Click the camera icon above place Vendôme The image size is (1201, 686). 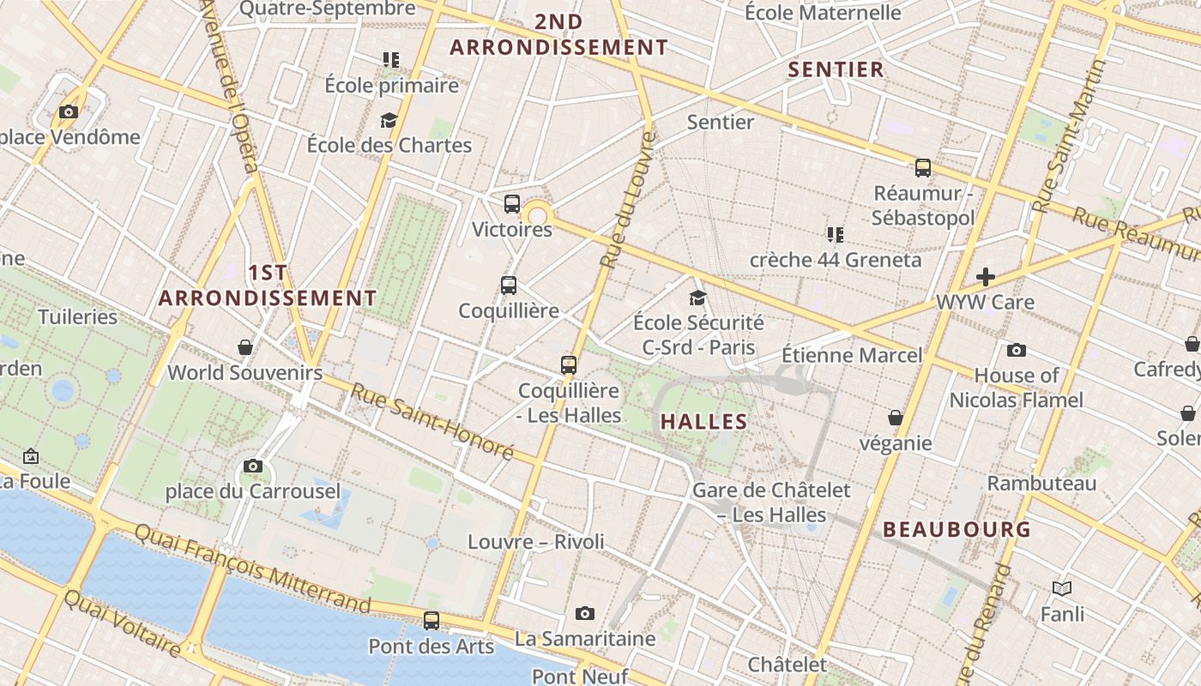point(69,111)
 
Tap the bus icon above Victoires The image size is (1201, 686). point(512,204)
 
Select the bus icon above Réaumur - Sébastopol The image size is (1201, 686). point(923,168)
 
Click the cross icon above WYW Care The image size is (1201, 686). point(986,277)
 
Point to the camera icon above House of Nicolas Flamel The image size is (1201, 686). point(1017,350)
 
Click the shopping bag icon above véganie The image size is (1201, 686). point(896,418)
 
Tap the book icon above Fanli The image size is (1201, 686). point(1062,589)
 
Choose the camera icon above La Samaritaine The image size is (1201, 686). point(585,613)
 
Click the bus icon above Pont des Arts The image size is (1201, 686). point(432,621)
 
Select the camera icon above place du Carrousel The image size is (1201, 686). point(253,466)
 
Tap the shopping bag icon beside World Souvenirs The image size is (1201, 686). point(245,347)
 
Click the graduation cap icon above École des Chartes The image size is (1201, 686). point(389,120)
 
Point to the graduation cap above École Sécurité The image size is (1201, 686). point(698,298)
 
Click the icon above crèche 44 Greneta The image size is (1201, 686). point(836,234)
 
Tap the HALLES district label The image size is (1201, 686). point(703,422)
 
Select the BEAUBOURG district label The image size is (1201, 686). point(957,530)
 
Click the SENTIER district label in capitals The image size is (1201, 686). point(836,70)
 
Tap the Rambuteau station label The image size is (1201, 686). point(1041,484)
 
